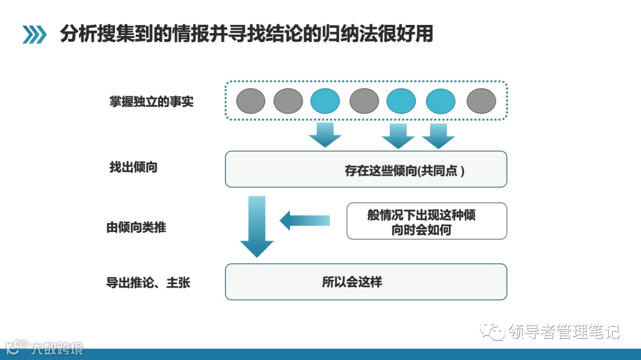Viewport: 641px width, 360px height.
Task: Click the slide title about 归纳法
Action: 246,34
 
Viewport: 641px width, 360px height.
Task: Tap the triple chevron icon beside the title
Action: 34,35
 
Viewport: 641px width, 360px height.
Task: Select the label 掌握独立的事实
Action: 151,102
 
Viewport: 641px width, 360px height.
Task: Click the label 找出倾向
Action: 134,168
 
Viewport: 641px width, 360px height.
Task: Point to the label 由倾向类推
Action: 137,227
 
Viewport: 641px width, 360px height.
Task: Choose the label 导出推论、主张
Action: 148,283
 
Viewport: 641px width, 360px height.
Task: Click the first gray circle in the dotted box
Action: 250,101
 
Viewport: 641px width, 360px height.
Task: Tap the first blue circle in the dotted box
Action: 325,101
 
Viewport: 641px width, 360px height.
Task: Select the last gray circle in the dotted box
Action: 481,101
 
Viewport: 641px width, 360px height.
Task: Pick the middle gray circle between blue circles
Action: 364,101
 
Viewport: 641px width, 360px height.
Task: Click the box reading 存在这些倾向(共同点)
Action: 366,169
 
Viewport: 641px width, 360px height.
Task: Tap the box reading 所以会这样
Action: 366,282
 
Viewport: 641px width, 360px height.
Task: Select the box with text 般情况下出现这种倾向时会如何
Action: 427,221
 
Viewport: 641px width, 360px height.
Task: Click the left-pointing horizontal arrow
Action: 304,221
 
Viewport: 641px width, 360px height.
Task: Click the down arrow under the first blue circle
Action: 325,135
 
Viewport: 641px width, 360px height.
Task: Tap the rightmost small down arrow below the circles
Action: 439,135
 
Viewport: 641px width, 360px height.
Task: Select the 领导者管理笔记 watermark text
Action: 564,332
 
